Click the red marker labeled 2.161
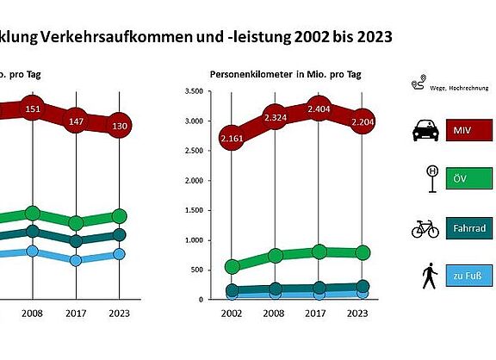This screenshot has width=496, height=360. (x=231, y=138)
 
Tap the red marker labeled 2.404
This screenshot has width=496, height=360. (x=319, y=110)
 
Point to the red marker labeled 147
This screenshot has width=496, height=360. (x=76, y=123)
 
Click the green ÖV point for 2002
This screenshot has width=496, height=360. (x=231, y=267)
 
